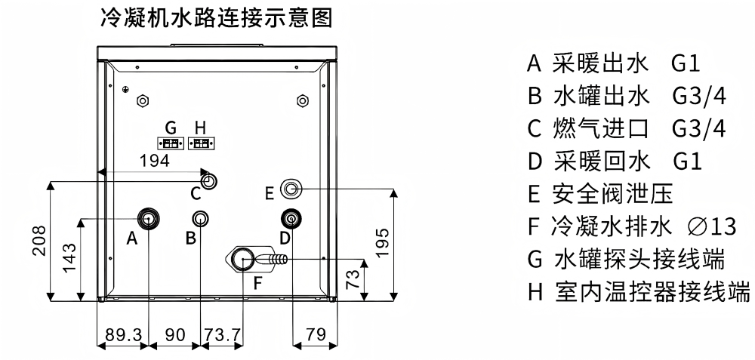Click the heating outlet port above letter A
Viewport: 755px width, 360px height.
(149, 219)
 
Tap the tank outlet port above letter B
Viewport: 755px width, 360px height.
(200, 219)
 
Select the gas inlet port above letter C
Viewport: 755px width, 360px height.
(209, 181)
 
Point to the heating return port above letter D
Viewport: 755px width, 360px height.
(291, 220)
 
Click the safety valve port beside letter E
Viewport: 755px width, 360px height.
(291, 189)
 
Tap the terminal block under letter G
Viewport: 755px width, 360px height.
(171, 143)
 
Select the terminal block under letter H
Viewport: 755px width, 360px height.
(202, 143)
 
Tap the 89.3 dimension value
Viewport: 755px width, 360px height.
(123, 334)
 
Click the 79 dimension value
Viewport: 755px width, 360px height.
(316, 334)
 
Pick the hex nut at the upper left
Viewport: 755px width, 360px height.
(143, 100)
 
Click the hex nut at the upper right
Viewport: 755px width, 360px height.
(303, 100)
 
